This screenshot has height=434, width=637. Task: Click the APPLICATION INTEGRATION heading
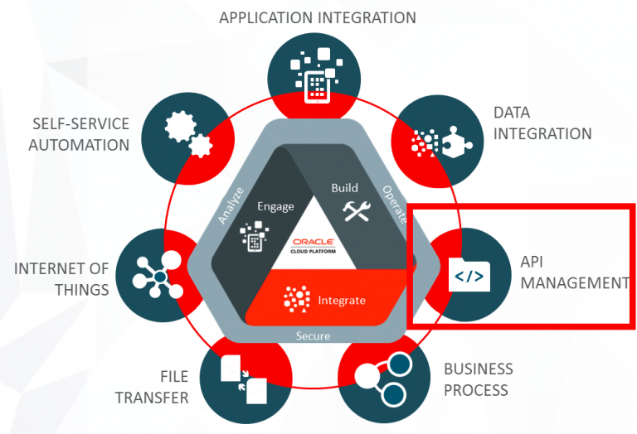point(318,17)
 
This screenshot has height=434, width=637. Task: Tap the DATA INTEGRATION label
point(542,123)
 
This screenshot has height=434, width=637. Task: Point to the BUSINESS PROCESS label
point(478,379)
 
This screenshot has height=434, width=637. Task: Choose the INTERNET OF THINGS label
point(61,279)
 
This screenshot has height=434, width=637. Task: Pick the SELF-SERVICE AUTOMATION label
point(81,134)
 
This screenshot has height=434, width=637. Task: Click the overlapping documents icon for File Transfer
point(243,379)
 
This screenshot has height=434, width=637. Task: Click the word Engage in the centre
point(275,206)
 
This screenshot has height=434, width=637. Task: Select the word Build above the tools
point(345,188)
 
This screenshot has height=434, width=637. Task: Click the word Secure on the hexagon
point(314,336)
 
